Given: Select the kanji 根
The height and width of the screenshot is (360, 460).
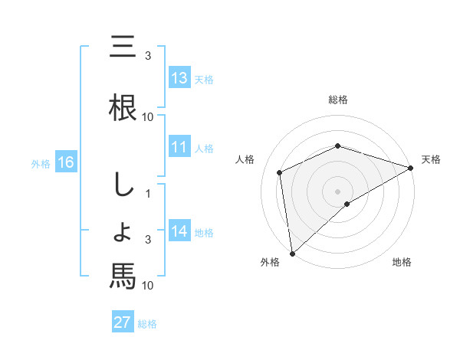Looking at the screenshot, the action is click(123, 106).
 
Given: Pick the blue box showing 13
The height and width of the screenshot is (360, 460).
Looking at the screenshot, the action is click(179, 78).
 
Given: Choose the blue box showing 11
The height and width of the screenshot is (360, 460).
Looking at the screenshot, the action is click(179, 148).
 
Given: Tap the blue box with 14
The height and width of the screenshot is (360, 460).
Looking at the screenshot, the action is click(179, 232).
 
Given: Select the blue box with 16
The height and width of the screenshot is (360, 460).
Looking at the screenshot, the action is click(65, 162).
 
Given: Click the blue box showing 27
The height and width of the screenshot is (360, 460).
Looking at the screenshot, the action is click(123, 322).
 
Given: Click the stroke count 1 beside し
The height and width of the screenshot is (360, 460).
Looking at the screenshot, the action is click(148, 194).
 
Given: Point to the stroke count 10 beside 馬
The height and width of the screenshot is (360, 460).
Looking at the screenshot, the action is click(148, 286).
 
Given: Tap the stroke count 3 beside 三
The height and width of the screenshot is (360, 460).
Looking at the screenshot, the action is click(148, 56).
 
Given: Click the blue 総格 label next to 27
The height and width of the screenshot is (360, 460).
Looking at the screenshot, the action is click(147, 324).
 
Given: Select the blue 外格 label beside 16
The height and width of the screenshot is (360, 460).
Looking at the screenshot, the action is click(41, 163).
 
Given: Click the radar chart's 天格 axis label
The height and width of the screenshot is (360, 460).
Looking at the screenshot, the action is click(431, 159).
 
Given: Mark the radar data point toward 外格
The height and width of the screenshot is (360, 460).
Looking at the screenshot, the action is click(292, 254).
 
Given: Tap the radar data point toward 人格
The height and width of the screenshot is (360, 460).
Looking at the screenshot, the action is click(280, 172).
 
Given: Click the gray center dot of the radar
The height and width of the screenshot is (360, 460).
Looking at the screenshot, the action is click(338, 191).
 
